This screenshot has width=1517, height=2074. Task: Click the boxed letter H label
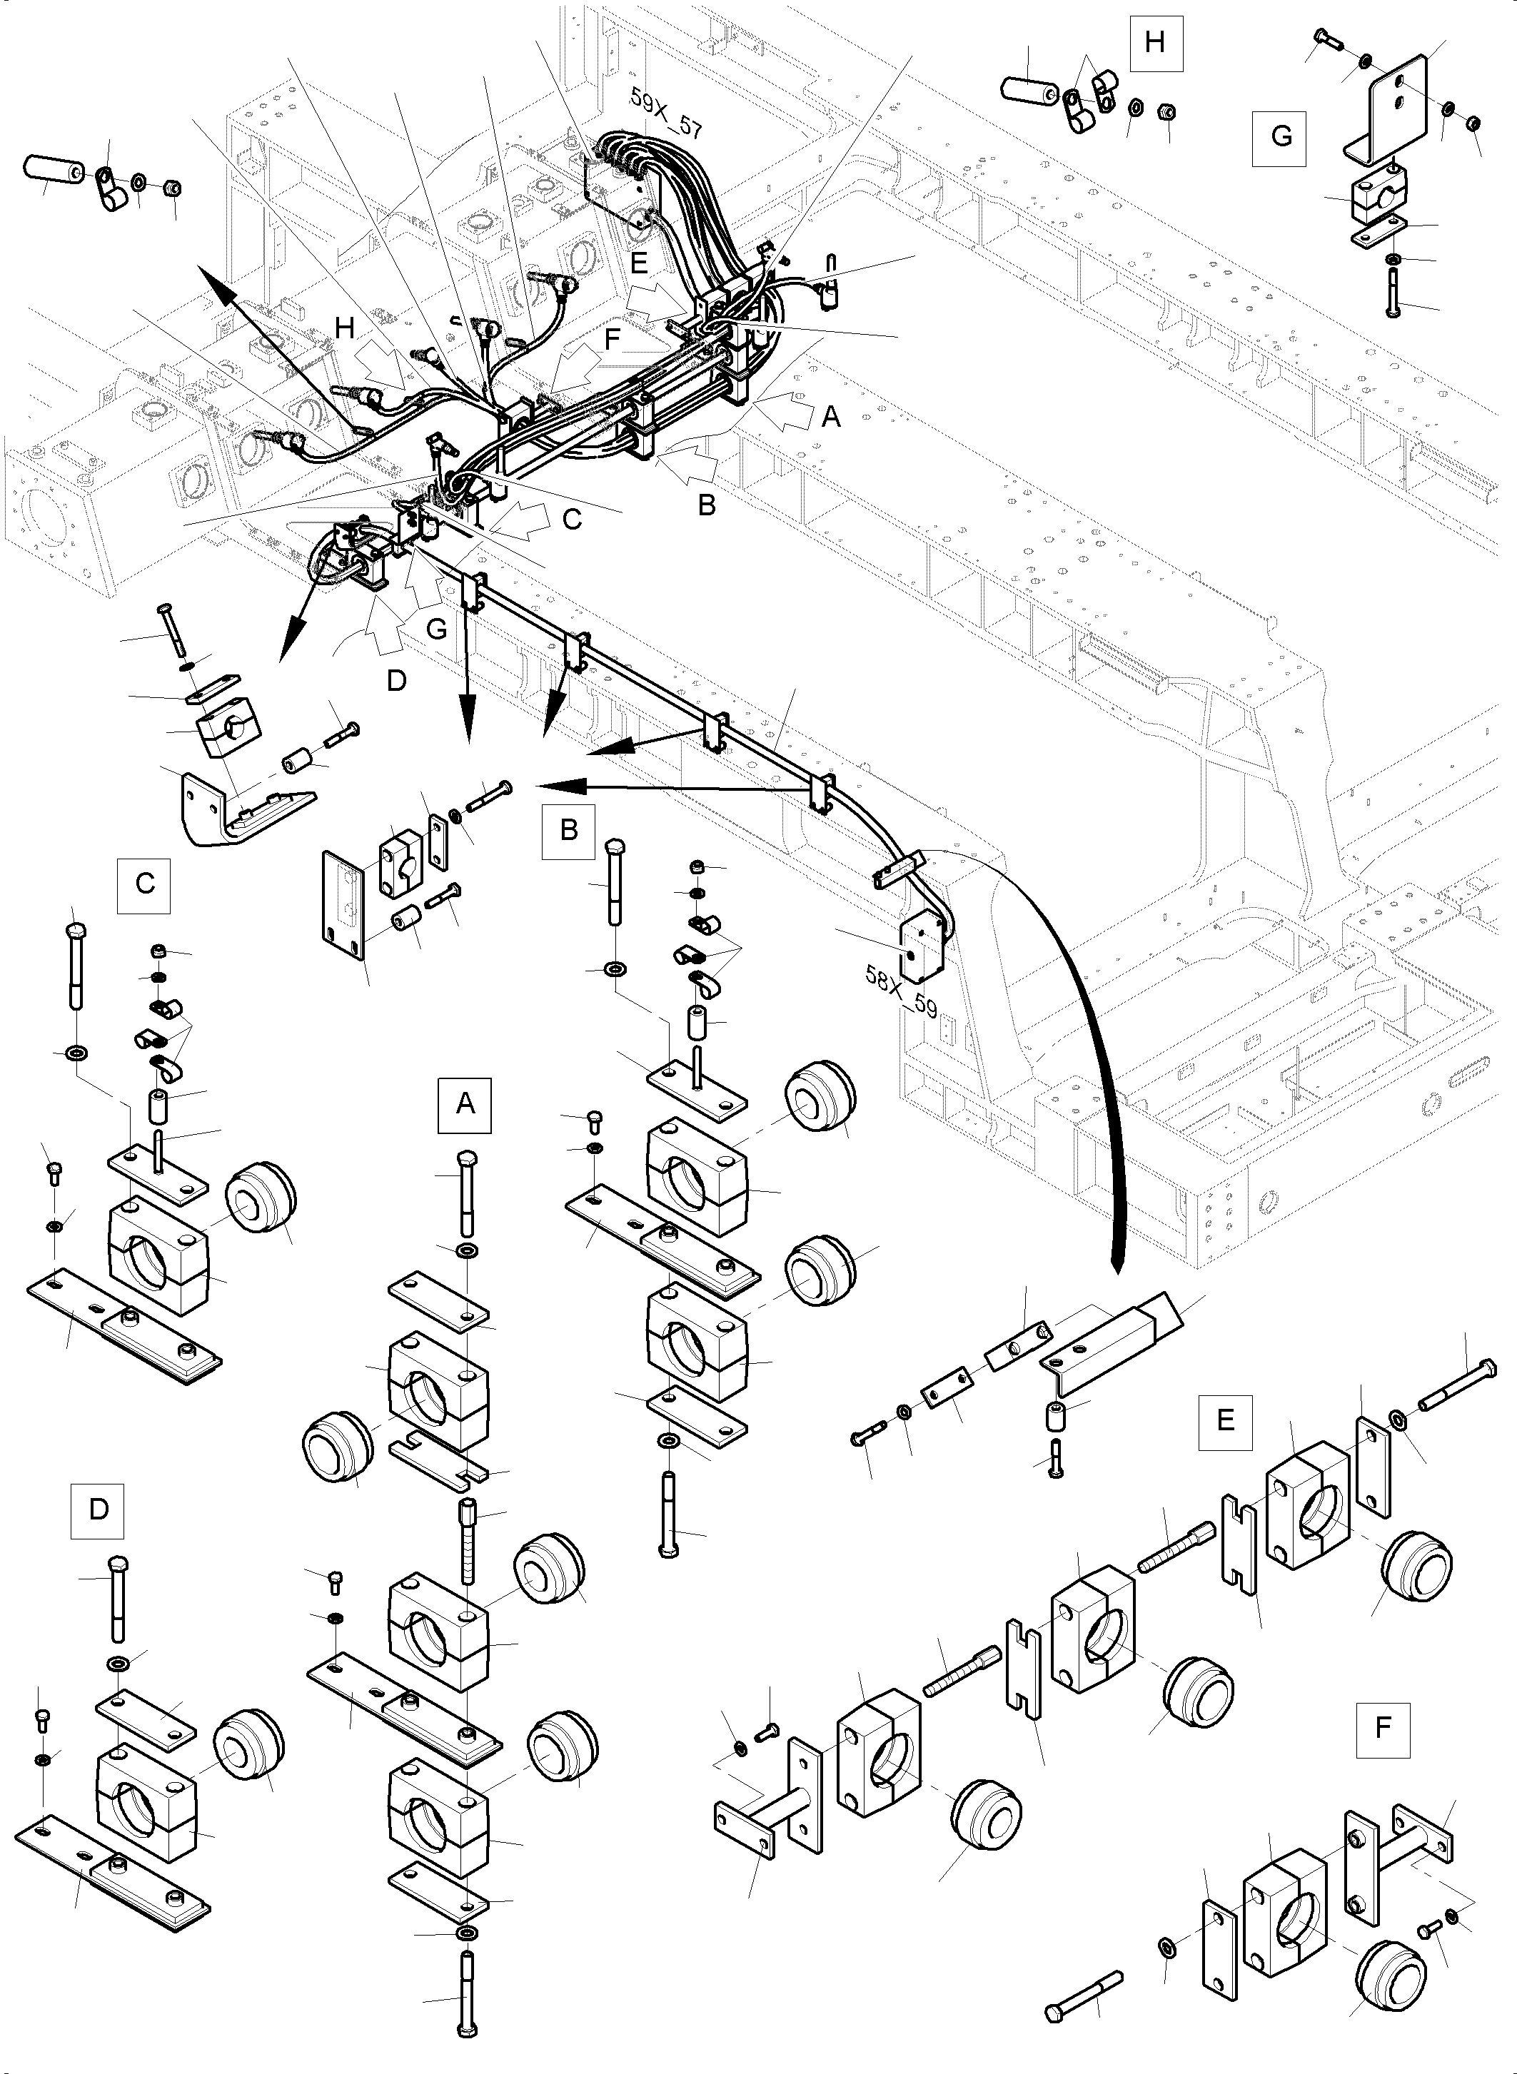(1155, 42)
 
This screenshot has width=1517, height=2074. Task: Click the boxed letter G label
(1280, 137)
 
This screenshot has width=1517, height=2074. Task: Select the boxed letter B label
(568, 830)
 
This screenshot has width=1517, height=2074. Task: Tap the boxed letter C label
(144, 884)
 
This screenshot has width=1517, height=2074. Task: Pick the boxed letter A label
(465, 1103)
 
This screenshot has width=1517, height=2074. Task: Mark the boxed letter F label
(1382, 1729)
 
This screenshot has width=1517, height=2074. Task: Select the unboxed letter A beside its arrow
(830, 417)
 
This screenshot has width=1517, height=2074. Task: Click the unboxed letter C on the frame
(572, 519)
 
